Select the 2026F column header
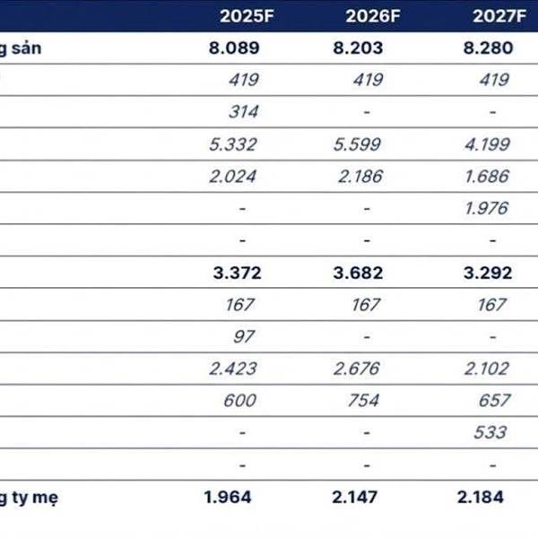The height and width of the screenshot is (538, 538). (x=363, y=15)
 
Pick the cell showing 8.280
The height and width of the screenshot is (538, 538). (x=489, y=48)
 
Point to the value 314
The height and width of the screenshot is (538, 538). (x=242, y=112)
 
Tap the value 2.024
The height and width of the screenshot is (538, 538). (x=233, y=177)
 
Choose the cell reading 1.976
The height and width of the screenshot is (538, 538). (x=489, y=208)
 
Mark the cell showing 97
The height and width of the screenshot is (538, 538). (x=243, y=336)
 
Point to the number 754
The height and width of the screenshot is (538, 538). (x=363, y=401)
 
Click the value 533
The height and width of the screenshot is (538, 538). (x=489, y=432)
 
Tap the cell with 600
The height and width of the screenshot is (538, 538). (x=239, y=401)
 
